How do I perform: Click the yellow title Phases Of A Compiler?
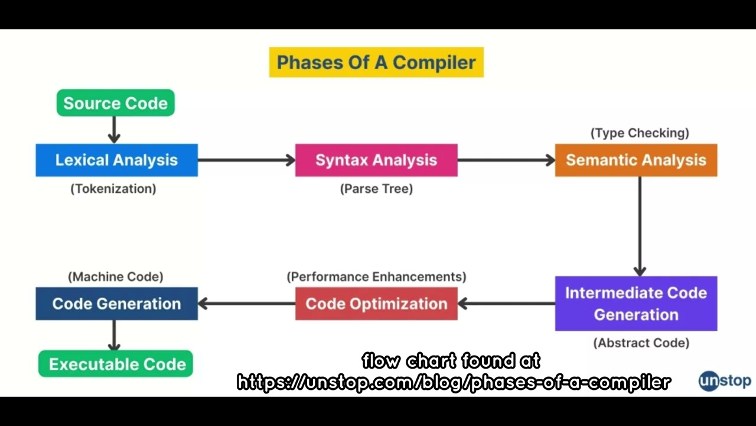tap(376, 62)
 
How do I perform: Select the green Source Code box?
tap(115, 103)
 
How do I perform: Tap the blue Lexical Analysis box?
tap(116, 160)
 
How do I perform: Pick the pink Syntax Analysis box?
tap(376, 160)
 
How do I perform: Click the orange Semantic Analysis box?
tap(636, 160)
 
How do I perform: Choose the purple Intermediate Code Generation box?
tap(636, 304)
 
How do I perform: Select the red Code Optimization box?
tap(376, 304)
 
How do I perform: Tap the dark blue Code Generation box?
tap(116, 304)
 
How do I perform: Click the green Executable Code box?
tap(116, 364)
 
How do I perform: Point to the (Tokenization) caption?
tap(113, 189)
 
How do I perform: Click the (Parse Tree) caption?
tap(376, 189)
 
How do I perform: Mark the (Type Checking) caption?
tap(640, 133)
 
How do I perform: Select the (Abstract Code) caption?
tap(641, 343)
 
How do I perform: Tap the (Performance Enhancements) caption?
tap(376, 276)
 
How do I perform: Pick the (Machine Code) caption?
tap(116, 276)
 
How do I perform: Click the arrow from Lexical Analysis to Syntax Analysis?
tap(246, 160)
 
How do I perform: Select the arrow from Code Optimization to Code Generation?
tap(246, 304)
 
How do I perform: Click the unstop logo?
tap(725, 381)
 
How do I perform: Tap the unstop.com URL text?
tap(454, 382)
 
